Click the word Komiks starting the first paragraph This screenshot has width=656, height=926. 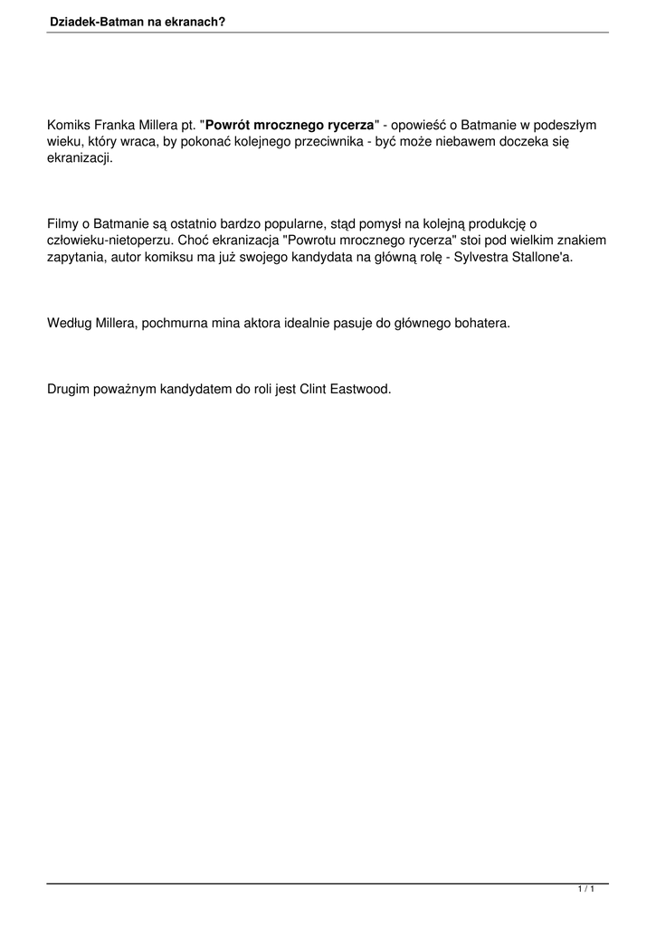69,126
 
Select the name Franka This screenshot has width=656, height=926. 115,126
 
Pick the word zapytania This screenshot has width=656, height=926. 78,258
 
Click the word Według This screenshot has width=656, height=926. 70,323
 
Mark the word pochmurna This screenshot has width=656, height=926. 173,323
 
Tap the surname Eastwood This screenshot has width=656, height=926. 360,389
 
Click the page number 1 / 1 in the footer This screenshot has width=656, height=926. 585,891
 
